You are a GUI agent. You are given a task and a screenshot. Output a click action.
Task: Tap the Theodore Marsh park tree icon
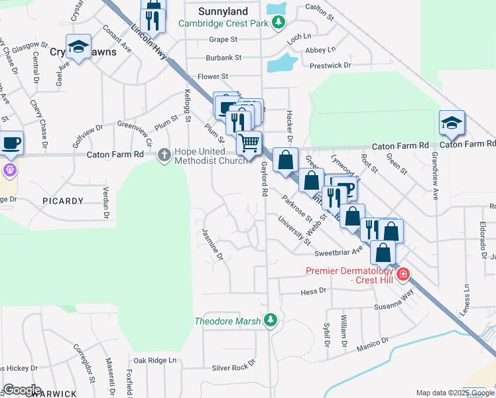(x=270, y=320)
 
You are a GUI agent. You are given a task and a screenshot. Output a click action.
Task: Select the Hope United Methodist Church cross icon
(x=165, y=155)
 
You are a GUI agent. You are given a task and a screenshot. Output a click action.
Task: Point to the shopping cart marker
(x=249, y=143)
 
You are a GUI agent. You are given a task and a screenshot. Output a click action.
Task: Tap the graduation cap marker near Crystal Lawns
(x=78, y=46)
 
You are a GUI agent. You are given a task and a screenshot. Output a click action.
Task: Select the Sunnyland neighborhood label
(x=223, y=11)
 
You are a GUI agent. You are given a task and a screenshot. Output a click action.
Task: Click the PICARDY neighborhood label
(x=63, y=201)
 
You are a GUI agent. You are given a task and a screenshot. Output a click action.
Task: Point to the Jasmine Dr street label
(x=212, y=243)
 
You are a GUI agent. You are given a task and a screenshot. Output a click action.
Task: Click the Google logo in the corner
(x=22, y=390)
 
